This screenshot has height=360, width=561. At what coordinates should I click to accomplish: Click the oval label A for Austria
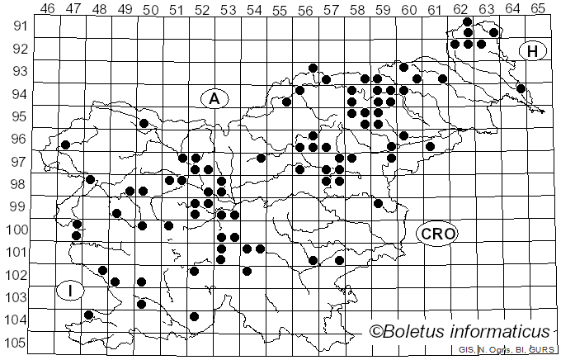click(214, 98)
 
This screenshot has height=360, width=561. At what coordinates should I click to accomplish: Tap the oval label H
click(533, 51)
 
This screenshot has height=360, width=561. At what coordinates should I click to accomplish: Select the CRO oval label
click(437, 234)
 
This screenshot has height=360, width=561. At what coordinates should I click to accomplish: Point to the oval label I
click(71, 290)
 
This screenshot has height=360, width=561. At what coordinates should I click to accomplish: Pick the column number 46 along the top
click(47, 8)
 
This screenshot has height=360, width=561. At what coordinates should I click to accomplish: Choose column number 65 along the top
click(537, 8)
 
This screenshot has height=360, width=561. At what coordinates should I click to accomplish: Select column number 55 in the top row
click(279, 8)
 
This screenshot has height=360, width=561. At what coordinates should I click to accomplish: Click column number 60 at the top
click(408, 8)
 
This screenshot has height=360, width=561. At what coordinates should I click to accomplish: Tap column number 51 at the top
click(176, 8)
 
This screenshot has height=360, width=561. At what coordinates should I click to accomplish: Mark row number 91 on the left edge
click(17, 26)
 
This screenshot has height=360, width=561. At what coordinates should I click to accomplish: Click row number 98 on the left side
click(17, 184)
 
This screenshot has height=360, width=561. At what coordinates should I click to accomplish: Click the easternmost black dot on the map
click(521, 88)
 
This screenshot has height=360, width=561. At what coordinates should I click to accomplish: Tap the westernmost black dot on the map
click(65, 144)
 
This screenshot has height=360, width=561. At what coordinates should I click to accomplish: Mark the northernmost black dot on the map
click(468, 21)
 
